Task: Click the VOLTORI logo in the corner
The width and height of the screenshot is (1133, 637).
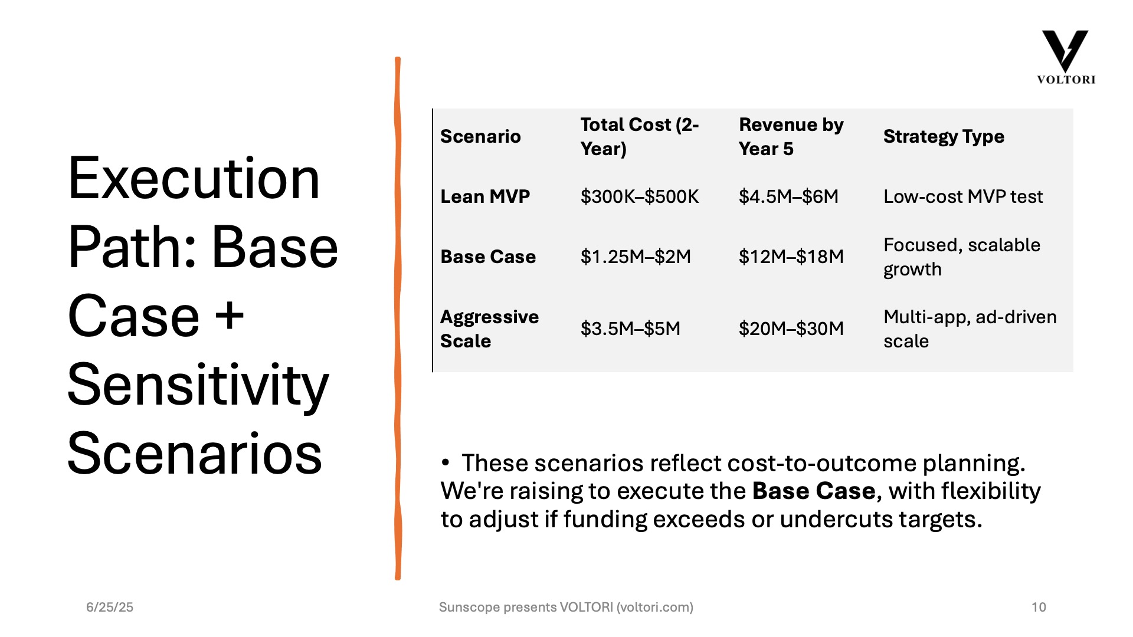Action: [x=1066, y=57]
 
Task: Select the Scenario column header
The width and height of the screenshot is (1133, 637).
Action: [x=480, y=137]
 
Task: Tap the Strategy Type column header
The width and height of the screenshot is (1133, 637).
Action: [x=944, y=137]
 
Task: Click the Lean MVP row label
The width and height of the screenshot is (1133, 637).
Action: [x=485, y=196]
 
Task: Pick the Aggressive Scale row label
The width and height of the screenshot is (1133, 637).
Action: [x=489, y=329]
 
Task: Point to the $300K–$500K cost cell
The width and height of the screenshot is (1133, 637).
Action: [x=640, y=196]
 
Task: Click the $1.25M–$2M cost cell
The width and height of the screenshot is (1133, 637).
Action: [x=636, y=257]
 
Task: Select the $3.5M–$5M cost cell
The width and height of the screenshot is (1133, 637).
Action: [x=630, y=329]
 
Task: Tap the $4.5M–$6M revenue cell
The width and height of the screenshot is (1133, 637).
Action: [x=788, y=196]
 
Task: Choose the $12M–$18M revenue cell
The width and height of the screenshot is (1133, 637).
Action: [x=791, y=257]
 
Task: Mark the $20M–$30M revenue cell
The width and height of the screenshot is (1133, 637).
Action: [x=791, y=329]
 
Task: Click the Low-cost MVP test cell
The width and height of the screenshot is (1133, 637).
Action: [x=963, y=196]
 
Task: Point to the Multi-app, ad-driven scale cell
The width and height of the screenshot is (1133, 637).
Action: [x=970, y=329]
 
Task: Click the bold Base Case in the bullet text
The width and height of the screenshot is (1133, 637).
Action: [x=814, y=491]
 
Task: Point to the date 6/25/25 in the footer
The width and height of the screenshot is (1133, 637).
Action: [x=110, y=607]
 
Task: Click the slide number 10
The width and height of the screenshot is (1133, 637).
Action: [x=1039, y=607]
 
